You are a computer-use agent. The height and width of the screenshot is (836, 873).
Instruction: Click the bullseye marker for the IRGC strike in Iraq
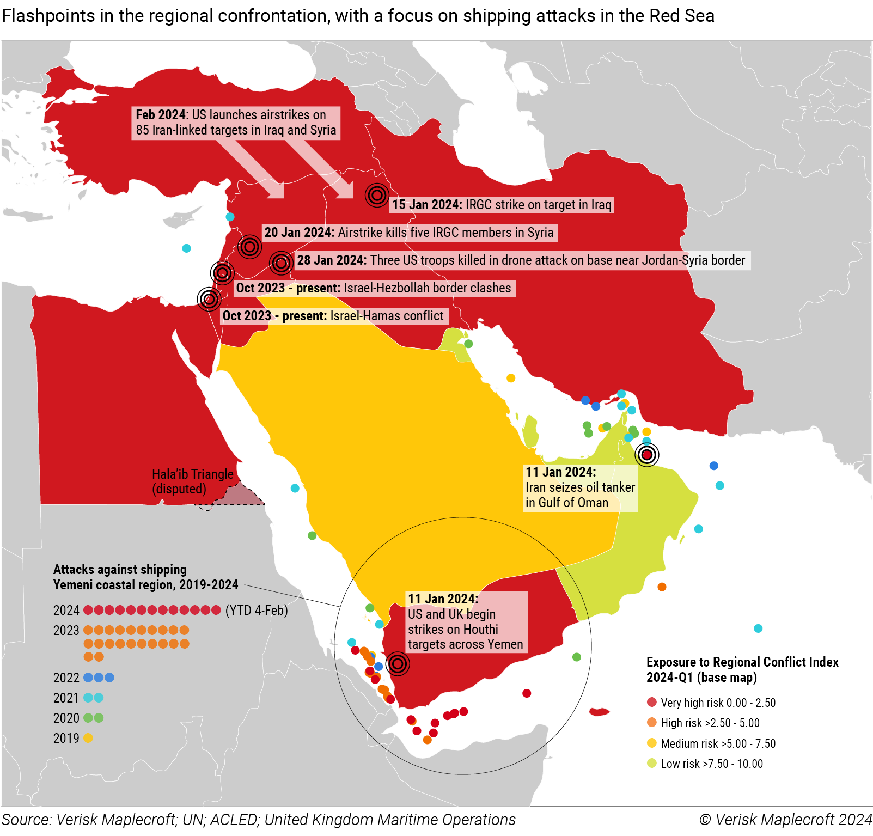377,194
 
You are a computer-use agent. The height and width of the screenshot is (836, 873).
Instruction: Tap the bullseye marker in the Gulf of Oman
647,454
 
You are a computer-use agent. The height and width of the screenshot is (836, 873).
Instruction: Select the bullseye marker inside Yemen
398,664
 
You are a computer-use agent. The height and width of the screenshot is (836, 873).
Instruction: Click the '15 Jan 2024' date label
427,205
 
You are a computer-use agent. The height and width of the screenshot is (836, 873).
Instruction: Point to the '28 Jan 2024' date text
332,260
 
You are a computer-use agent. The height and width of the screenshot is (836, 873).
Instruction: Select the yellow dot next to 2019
88,738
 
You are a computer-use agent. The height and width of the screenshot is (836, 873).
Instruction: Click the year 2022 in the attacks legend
66,678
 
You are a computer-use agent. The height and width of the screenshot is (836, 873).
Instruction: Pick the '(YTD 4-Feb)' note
257,611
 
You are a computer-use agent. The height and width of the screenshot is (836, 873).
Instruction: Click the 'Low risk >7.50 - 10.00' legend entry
711,764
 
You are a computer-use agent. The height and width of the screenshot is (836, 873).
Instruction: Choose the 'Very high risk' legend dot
652,702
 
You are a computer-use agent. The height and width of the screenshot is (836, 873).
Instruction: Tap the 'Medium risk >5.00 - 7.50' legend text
718,743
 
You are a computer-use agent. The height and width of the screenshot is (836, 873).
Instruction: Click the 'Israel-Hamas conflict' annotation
387,316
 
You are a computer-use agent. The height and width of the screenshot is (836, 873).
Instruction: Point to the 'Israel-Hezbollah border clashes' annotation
427,288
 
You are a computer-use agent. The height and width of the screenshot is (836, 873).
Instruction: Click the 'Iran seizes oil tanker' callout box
580,487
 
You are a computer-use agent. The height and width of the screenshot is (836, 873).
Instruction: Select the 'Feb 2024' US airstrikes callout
236,123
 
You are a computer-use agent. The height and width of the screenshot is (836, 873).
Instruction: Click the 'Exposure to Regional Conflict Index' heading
742,662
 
